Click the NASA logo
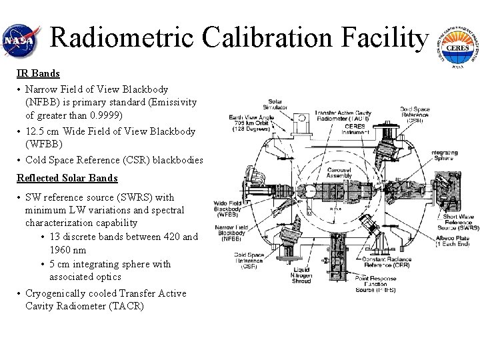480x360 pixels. (x=19, y=40)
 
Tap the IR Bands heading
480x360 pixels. (x=38, y=73)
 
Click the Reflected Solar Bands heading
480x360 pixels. (x=67, y=178)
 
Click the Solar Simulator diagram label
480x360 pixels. (x=275, y=103)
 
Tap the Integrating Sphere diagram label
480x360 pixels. (x=443, y=156)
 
